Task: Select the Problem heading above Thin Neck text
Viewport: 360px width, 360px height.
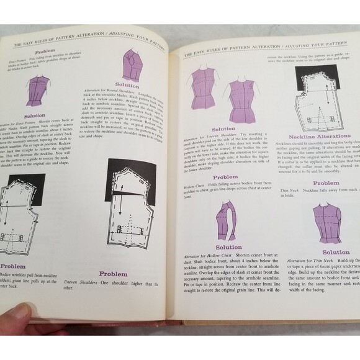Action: click(326, 182)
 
